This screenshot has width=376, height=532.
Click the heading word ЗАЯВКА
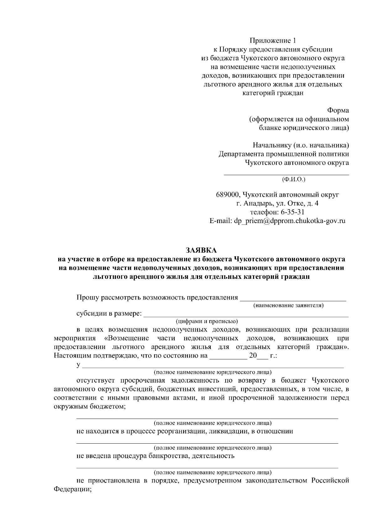[x=201, y=250]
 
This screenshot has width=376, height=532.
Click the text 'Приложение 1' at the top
[x=273, y=40]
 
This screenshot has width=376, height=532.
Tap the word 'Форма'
[x=338, y=110]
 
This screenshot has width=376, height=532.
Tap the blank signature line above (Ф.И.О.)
[x=286, y=174]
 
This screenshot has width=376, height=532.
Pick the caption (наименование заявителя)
[x=288, y=305]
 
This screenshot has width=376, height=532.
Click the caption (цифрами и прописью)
[x=207, y=321]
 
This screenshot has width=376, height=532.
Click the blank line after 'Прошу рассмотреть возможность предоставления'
[x=293, y=300]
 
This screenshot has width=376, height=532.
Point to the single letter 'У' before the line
[x=79, y=365]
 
